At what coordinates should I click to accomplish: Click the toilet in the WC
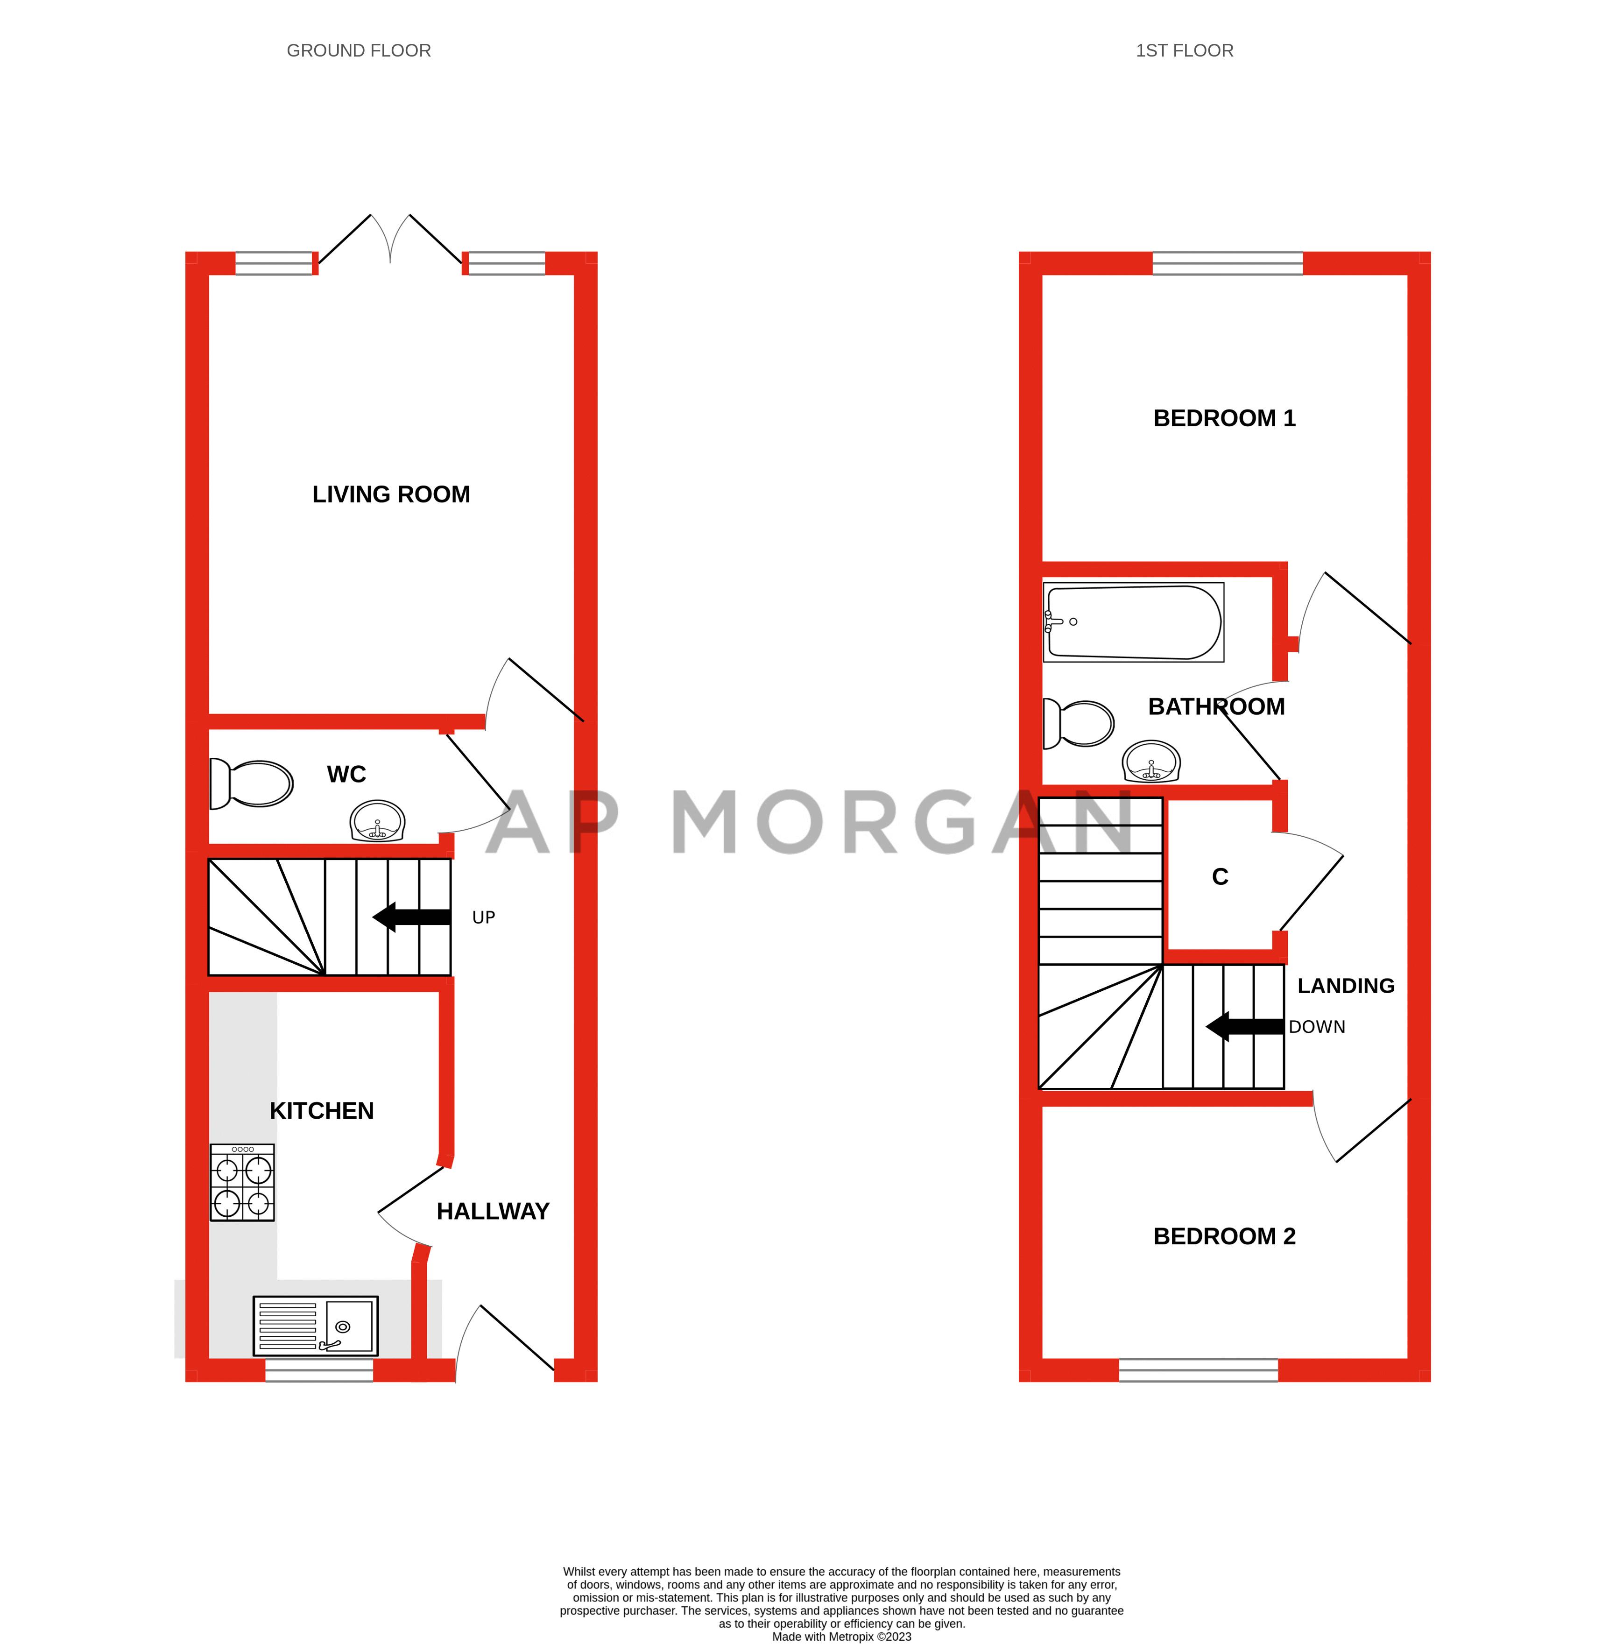[252, 783]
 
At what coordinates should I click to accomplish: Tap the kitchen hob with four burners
[242, 1182]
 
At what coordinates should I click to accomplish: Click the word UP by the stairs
[483, 917]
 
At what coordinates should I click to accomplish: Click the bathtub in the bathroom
[1133, 622]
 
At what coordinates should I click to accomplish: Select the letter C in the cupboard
[1220, 877]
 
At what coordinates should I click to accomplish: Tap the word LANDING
[1345, 985]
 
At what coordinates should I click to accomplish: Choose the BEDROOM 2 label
[1224, 1236]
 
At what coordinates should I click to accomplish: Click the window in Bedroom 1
[1227, 263]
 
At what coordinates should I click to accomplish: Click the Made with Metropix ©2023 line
[841, 1637]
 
